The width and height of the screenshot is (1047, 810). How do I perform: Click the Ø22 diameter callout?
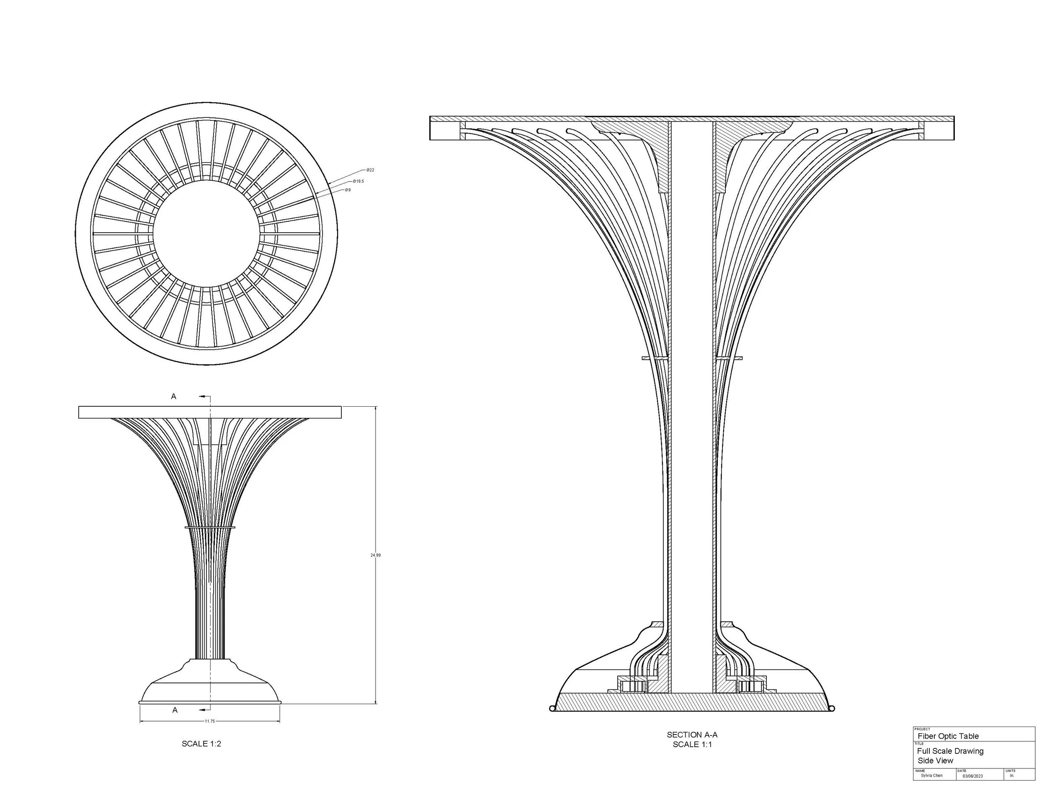[370, 170]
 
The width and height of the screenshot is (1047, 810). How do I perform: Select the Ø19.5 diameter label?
[358, 182]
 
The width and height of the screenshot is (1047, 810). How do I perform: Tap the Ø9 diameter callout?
[348, 190]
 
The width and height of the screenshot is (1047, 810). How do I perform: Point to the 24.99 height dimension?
[375, 555]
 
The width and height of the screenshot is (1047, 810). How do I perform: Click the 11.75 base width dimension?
[210, 721]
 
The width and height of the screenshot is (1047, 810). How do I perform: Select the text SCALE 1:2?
[201, 744]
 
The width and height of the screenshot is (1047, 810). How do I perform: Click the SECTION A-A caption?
[692, 735]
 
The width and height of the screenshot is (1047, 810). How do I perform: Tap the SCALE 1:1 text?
[692, 744]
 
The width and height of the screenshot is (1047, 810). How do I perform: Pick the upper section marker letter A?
[173, 396]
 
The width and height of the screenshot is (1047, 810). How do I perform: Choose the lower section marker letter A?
[175, 710]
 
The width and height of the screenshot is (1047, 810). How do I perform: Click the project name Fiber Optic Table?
[948, 736]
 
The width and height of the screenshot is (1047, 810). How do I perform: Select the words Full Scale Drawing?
[950, 751]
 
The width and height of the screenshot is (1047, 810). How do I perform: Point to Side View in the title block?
[935, 761]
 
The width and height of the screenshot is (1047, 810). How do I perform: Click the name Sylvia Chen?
[931, 776]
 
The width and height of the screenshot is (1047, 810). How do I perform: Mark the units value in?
[1011, 776]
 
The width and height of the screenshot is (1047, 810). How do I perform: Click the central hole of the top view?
[206, 234]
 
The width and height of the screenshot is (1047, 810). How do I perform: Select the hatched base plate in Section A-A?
[692, 701]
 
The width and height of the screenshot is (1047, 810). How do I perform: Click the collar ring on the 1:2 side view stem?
[210, 527]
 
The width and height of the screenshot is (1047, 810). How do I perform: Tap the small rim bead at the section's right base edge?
[832, 708]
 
